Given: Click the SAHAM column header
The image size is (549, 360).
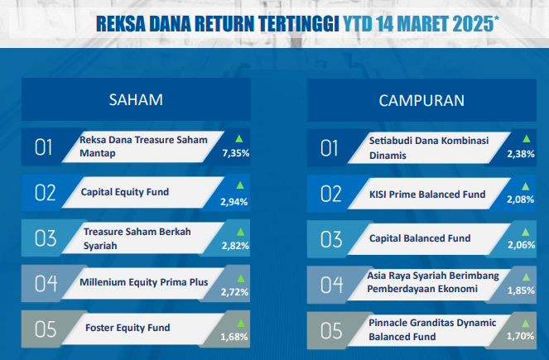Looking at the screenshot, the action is coord(136,100).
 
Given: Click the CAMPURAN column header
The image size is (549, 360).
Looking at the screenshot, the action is coord(421,101).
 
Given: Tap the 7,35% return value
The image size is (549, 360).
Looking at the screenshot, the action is coord(236,153).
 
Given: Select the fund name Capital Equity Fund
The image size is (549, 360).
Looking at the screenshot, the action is coord(125,192).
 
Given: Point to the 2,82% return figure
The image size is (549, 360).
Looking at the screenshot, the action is coord(235,246).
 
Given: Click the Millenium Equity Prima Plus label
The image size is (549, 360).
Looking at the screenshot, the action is coord(144,282).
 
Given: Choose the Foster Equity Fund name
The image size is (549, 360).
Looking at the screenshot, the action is coord(128,328).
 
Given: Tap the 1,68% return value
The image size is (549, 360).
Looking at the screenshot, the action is coord(234,337).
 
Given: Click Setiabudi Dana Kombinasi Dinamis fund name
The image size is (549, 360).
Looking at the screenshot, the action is coord(429,148).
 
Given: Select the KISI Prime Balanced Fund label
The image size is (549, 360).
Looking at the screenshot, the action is coord(427,194).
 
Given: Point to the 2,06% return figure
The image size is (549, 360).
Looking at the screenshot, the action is coord(522,245).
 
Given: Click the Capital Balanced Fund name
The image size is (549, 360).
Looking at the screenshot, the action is coord(420,238).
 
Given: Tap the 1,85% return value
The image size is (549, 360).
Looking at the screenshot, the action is coord(521,290).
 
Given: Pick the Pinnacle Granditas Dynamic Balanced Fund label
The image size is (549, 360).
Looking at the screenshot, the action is coord(432,329).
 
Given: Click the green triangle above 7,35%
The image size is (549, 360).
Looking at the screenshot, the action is coord(239,138).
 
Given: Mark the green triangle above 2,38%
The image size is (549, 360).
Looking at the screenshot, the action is coord(527,138).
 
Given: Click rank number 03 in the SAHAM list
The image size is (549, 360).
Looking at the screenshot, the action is coord(46,238).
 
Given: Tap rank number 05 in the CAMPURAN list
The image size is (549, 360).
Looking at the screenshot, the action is coord(331,330).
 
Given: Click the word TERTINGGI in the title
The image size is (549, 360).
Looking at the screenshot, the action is coord(299,24).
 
